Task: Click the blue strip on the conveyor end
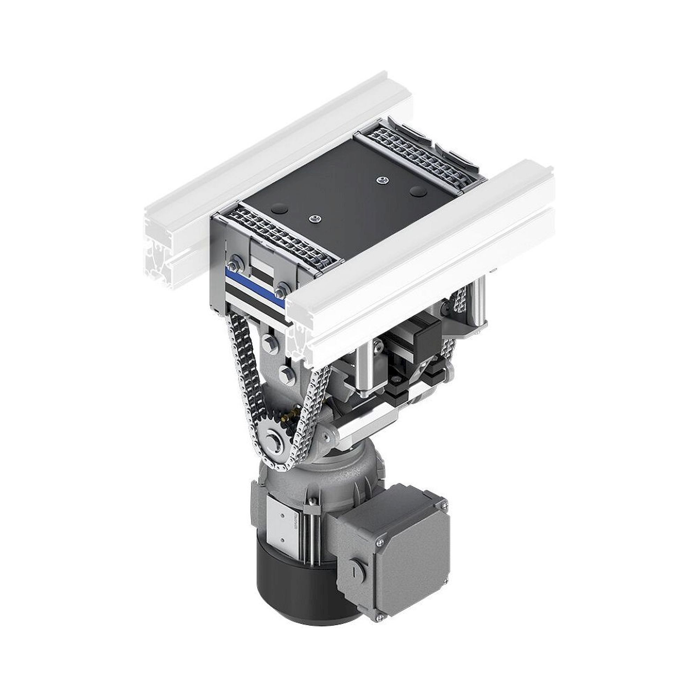point(253,284)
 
